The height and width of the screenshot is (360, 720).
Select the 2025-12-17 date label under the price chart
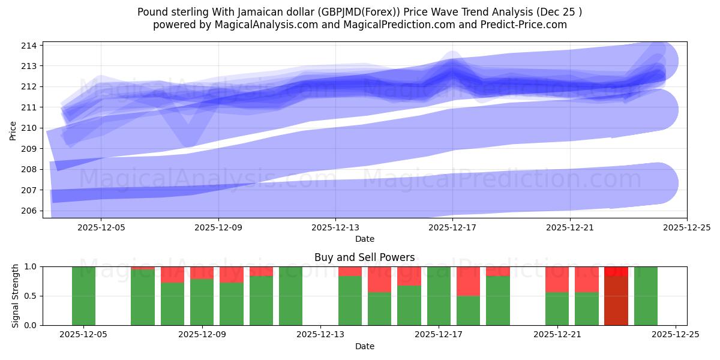[452, 228]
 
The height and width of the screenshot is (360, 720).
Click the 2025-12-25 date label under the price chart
[686, 228]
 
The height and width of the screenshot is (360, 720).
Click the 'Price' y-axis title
[13, 130]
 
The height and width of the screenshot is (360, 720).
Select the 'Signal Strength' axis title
[16, 296]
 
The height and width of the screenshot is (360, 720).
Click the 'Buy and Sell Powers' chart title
[364, 257]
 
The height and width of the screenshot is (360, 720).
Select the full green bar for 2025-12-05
[83, 296]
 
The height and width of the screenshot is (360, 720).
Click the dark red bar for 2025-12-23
[616, 300]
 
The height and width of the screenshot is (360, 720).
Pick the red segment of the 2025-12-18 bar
[468, 281]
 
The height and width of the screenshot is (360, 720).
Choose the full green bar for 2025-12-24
[646, 296]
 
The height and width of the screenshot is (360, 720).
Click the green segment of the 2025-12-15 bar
[379, 308]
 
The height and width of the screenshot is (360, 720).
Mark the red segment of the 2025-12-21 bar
[557, 279]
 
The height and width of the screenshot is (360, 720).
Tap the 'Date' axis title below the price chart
[364, 239]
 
